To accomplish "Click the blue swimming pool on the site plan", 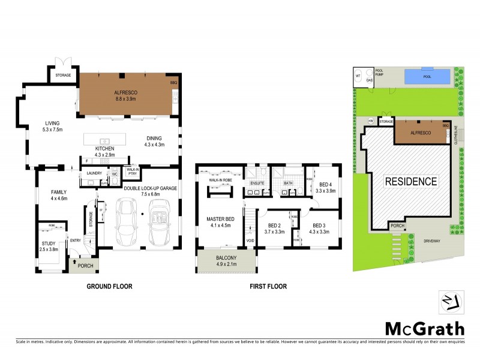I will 427,77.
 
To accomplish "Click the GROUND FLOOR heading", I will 109,287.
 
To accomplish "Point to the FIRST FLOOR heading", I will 268,287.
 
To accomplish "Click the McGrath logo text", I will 424,329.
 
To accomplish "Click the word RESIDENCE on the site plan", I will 411,181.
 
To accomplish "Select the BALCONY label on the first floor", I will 226,258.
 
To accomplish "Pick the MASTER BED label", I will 219,219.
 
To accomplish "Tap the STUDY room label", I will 49,242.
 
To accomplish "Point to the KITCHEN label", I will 105,148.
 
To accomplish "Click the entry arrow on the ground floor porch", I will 73,262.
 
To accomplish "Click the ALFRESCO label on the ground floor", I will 127,91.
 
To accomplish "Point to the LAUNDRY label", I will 94,173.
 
